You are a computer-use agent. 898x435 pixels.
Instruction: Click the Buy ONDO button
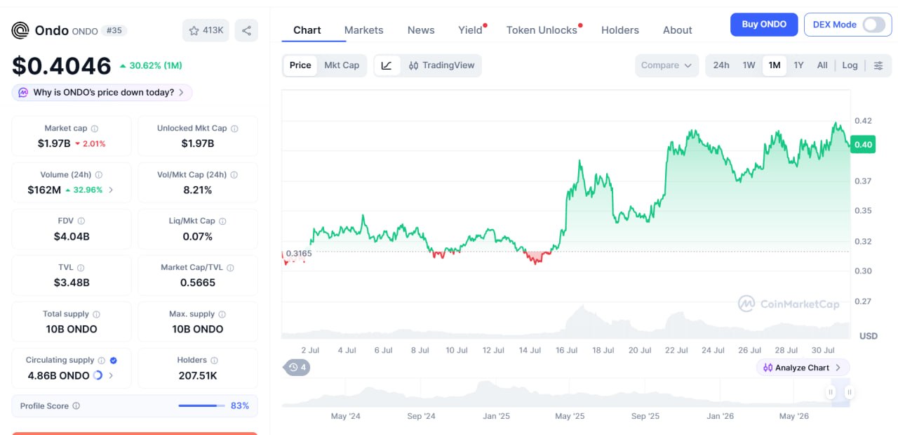764,25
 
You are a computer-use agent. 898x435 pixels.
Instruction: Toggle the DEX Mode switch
874,25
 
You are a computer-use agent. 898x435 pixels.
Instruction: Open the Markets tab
363,30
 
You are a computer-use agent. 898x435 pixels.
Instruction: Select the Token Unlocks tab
542,30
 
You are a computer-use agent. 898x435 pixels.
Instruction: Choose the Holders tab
619,30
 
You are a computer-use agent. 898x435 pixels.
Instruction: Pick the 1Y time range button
798,65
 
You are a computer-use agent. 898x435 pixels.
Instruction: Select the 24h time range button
721,65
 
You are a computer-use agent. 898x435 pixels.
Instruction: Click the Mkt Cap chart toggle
342,65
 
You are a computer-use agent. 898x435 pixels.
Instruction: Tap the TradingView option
441,65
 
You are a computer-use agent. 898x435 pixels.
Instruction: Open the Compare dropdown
666,65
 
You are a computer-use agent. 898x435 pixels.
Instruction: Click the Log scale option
850,65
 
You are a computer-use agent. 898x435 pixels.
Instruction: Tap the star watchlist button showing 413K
206,30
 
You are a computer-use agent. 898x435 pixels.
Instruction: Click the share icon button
246,30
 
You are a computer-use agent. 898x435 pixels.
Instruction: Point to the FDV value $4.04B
72,236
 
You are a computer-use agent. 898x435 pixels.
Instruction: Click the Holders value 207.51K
198,375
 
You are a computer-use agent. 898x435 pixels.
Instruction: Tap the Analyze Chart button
802,368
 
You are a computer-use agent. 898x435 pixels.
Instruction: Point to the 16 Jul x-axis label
566,350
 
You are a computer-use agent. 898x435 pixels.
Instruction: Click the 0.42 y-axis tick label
863,121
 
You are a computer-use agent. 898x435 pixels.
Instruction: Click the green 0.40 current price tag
863,145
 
